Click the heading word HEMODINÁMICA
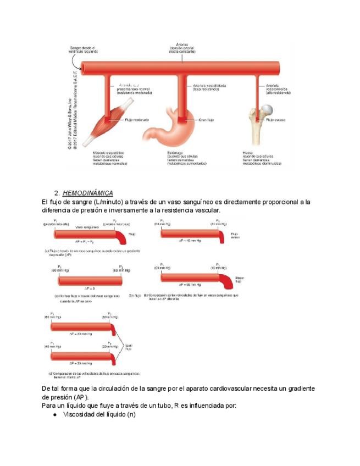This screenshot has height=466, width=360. click(x=88, y=193)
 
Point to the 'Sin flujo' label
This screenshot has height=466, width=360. click(x=135, y=296)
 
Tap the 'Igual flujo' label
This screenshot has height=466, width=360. click(x=129, y=346)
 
